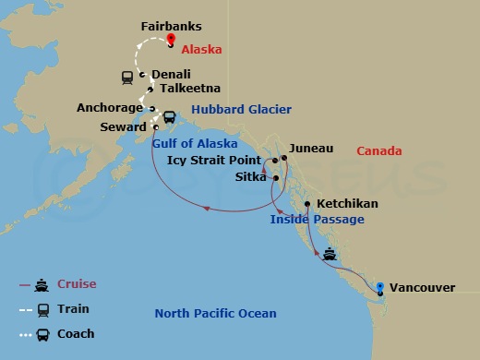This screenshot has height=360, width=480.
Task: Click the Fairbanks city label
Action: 171,28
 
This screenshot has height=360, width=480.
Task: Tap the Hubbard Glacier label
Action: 235,109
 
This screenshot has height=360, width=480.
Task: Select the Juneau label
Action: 311,148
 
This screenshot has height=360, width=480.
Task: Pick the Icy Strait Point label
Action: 213,161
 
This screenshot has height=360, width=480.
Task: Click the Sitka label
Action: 251,177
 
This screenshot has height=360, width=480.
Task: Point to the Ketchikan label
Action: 346,203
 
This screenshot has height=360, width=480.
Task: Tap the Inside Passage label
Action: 317,220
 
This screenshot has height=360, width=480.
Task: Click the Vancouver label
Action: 422,288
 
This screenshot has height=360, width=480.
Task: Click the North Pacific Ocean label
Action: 215,314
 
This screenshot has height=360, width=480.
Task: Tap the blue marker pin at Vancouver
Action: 380,286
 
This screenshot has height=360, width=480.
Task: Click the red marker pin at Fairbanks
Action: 171,40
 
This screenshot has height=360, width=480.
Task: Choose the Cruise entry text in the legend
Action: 77,284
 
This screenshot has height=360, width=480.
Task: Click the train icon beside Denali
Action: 126,78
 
